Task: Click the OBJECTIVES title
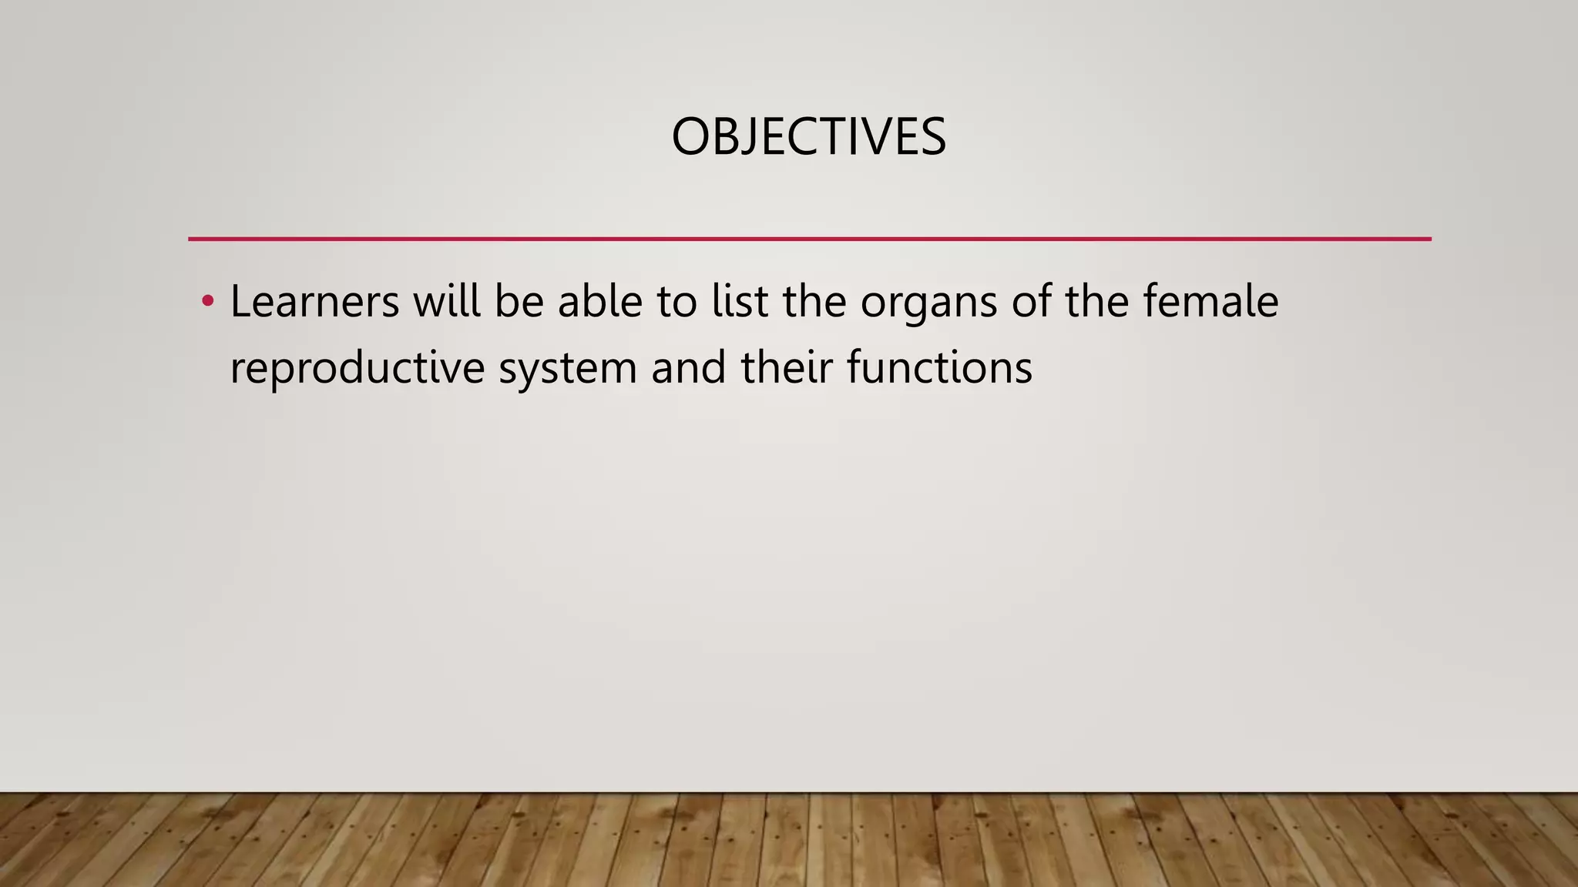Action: click(808, 137)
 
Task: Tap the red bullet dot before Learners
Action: click(206, 300)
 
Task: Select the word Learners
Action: click(314, 301)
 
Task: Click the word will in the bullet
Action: click(446, 301)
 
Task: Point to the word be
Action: click(518, 301)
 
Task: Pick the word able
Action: click(599, 301)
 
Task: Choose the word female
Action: click(1210, 301)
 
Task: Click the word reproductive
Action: click(357, 368)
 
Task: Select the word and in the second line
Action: click(688, 367)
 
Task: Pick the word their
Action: click(787, 367)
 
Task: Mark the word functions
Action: click(939, 367)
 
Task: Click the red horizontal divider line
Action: click(809, 239)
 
